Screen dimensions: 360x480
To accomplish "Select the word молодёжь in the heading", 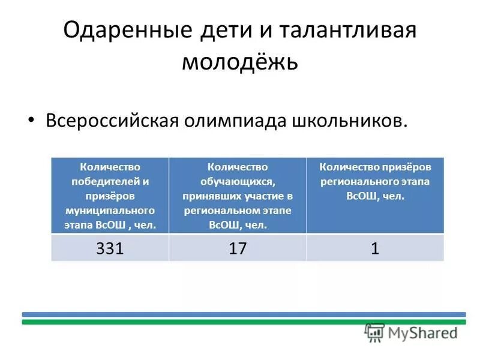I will pos(240,62).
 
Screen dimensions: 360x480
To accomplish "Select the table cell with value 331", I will pos(110,248).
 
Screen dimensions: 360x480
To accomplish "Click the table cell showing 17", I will pos(238,248).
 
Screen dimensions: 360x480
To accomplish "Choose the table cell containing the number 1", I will pos(375,248).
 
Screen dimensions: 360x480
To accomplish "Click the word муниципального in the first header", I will pos(110,211).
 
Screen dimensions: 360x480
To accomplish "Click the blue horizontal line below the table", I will pos(244,314).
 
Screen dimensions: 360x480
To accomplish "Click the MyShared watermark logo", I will pos(412,332).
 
